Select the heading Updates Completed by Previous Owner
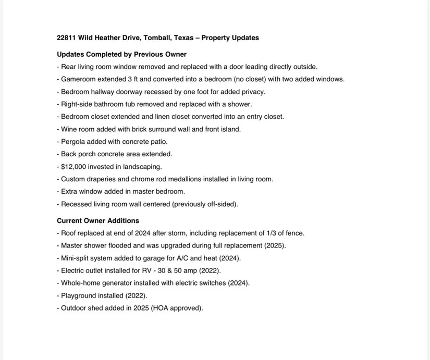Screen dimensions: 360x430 click(x=121, y=54)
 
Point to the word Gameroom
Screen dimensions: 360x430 click(x=78, y=79)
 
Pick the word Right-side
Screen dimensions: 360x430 click(x=77, y=104)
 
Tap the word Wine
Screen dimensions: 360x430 click(x=69, y=129)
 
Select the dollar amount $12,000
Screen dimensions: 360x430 click(x=74, y=167)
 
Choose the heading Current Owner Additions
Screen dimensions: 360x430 click(x=98, y=220)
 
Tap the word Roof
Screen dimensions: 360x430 click(x=69, y=233)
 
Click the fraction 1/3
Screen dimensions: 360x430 click(x=272, y=233)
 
